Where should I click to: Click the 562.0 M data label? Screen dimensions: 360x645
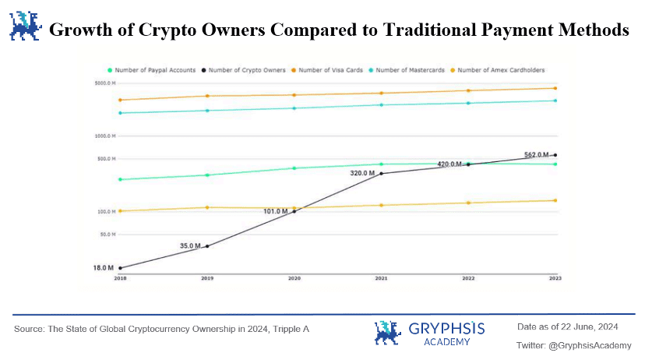(536, 154)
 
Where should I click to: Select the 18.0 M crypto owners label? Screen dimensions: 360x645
(104, 267)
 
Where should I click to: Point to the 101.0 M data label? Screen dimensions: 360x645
(277, 210)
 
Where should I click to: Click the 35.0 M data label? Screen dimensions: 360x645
(191, 245)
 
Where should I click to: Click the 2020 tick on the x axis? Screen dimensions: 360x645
(294, 277)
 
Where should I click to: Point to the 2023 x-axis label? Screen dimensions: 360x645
(555, 277)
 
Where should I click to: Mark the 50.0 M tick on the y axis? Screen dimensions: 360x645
(107, 234)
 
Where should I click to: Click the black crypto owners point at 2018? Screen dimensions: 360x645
(120, 268)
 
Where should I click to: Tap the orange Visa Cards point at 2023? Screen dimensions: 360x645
(555, 88)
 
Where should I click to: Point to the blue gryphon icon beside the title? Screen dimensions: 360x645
(24, 26)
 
